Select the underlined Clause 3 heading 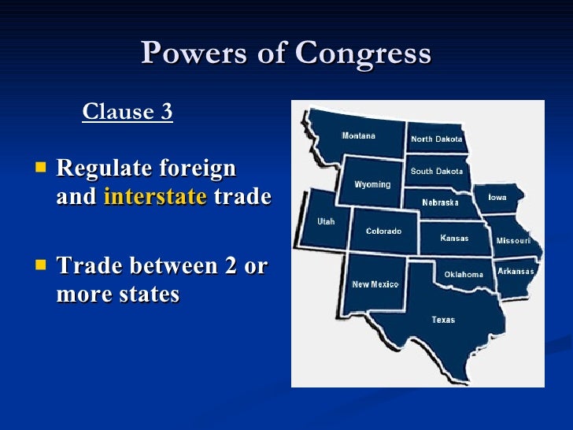click(128, 112)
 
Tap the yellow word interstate click(155, 197)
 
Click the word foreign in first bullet click(198, 169)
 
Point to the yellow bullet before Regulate click(42, 167)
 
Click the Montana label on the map click(358, 136)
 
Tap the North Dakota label click(437, 139)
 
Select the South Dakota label click(437, 171)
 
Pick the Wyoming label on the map click(372, 185)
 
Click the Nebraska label click(440, 202)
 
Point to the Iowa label click(497, 198)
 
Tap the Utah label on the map click(326, 221)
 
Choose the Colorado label click(383, 232)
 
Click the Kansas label click(454, 238)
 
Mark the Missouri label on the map click(513, 240)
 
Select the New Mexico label click(375, 284)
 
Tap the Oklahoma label click(464, 275)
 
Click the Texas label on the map click(443, 320)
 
